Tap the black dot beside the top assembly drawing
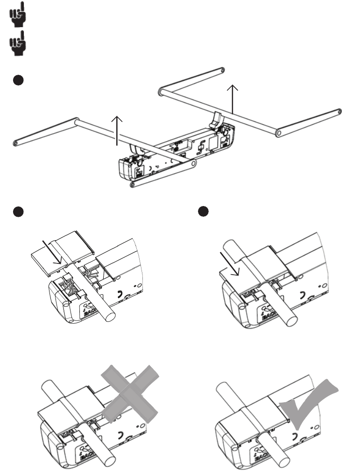17,80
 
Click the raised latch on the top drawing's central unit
216,119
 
